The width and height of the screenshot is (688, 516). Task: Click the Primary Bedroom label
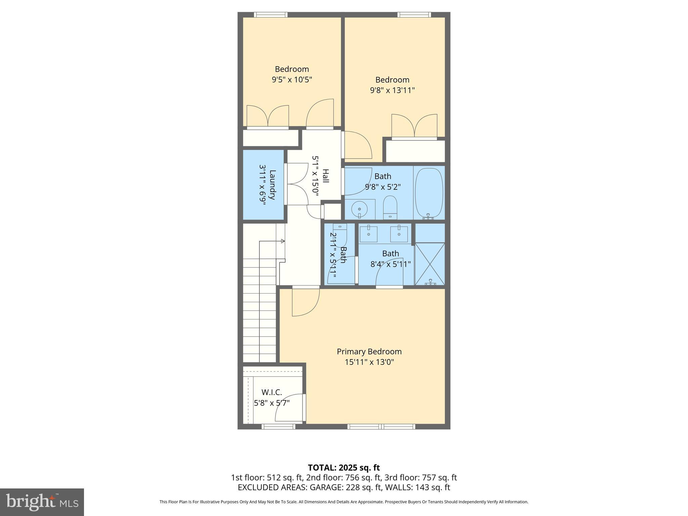[369, 351]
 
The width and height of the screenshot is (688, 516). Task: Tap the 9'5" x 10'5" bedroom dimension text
[292, 80]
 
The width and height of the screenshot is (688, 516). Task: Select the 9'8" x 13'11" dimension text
[392, 90]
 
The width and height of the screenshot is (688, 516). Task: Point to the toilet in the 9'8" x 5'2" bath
[390, 206]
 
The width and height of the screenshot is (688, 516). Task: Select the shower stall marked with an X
[430, 264]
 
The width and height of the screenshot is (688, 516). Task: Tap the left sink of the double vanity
[368, 234]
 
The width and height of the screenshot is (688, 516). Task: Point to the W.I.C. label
[271, 392]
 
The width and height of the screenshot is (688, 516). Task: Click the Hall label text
[325, 176]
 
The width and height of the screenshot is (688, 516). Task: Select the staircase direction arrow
[283, 241]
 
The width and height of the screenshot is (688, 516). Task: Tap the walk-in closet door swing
[290, 408]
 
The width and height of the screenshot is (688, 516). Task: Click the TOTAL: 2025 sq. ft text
[344, 468]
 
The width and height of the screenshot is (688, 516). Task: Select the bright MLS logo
[42, 502]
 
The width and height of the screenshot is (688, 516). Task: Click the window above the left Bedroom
[270, 15]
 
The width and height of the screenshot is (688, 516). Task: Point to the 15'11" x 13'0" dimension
[369, 362]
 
